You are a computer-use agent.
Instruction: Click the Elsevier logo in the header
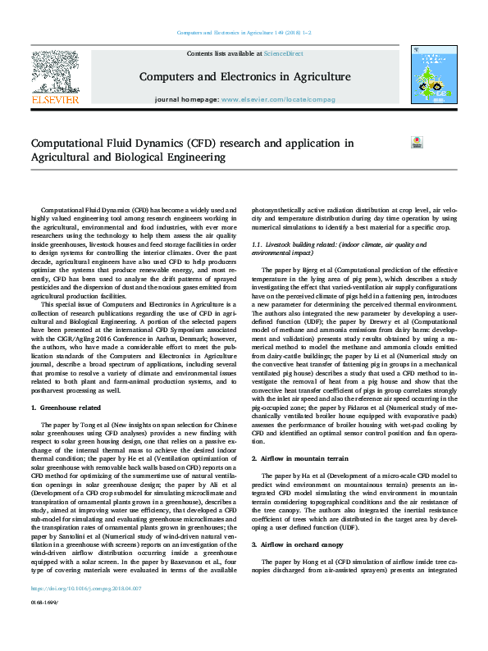coord(55,79)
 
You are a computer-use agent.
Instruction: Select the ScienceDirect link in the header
coord(283,53)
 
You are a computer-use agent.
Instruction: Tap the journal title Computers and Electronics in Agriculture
coord(244,77)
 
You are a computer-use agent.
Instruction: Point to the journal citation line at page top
coord(244,34)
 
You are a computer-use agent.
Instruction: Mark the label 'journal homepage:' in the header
coord(186,99)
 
